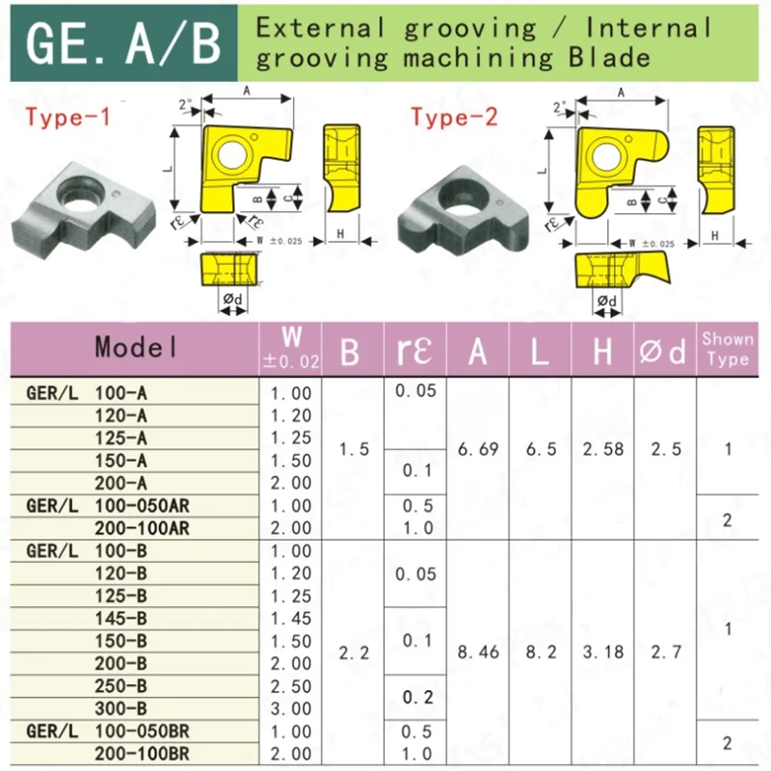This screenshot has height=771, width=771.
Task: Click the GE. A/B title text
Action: (123, 44)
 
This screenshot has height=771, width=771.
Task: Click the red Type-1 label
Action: (68, 119)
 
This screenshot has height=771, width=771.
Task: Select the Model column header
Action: (136, 348)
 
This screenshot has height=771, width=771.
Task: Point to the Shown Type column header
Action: (728, 348)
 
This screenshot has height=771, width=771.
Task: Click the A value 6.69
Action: (478, 449)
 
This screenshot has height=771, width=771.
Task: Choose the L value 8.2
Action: (541, 652)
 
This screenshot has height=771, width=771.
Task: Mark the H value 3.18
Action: (602, 652)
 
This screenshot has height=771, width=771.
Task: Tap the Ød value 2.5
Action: (664, 449)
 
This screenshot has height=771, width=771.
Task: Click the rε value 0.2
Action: (415, 697)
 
